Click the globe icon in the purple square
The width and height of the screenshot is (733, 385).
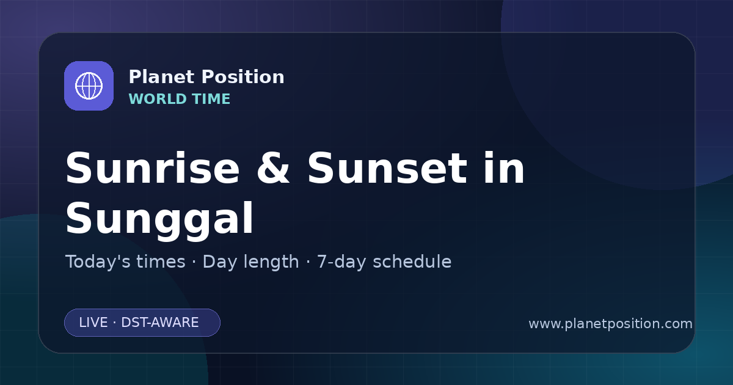[x=89, y=86]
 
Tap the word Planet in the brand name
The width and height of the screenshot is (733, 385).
[x=162, y=77]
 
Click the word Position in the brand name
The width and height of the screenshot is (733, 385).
[x=243, y=77]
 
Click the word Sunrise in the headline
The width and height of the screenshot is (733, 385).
[x=153, y=168]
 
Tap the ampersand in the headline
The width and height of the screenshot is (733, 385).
[x=273, y=168]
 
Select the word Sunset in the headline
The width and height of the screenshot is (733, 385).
[x=387, y=168]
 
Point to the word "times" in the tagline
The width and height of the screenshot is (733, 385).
[x=161, y=262]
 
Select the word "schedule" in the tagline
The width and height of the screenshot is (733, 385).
[x=412, y=262]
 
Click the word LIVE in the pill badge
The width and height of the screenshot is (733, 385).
[x=93, y=323]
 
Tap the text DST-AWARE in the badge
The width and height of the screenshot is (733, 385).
[x=159, y=323]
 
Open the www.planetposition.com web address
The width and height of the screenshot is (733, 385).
[x=610, y=324]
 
